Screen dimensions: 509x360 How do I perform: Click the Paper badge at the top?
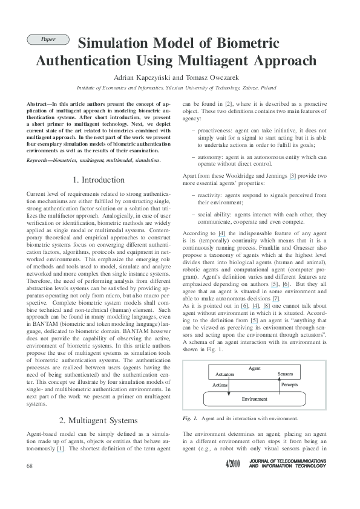coord(48,39)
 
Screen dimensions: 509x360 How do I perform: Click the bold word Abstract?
coord(39,104)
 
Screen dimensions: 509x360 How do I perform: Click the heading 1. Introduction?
coord(99,180)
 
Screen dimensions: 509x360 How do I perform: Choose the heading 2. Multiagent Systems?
coord(99,420)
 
